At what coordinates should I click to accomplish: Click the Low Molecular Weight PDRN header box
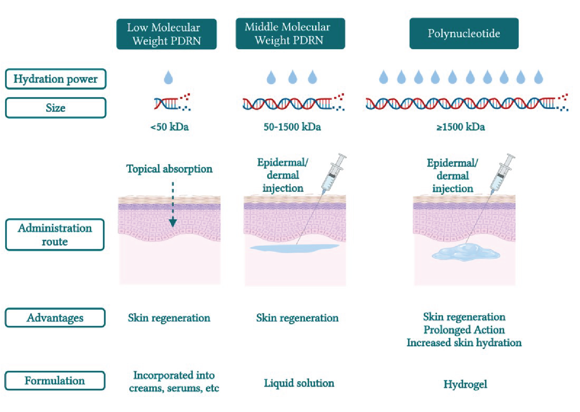point(166,34)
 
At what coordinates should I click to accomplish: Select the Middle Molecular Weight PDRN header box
point(290,34)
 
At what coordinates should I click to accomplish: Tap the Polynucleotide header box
point(464,34)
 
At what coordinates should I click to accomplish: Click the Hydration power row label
point(56,79)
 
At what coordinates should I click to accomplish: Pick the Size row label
point(56,108)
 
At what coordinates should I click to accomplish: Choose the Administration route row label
point(55,235)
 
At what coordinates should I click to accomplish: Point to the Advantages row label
point(55,318)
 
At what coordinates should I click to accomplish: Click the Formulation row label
point(55,381)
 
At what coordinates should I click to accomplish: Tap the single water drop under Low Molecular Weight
point(168,77)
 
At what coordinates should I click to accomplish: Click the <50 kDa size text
point(170,127)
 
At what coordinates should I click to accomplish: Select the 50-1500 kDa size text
point(292,127)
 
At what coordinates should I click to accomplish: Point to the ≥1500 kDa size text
point(460,127)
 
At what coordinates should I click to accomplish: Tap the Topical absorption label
point(169,169)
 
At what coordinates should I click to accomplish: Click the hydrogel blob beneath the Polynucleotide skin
point(465,253)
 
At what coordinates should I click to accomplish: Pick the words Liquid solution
point(299,383)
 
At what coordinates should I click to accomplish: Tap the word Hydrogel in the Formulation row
point(465,384)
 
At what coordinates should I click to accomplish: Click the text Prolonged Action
point(464,330)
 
